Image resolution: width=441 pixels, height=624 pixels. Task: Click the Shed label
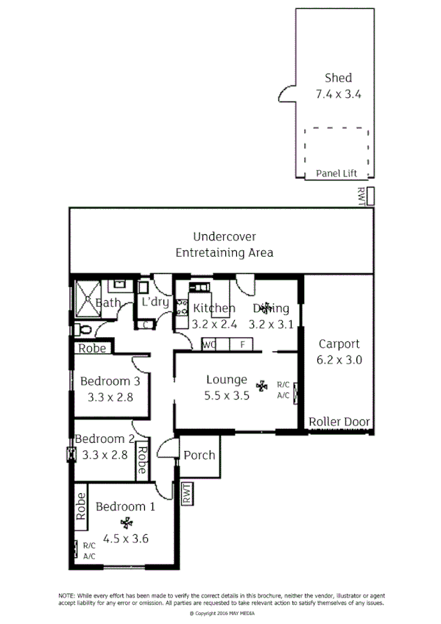pyautogui.click(x=338, y=77)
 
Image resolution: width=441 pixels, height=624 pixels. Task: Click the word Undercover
pyautogui.click(x=225, y=236)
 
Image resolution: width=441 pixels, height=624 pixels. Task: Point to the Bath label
pyautogui.click(x=108, y=302)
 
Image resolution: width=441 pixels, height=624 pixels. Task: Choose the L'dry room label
pyautogui.click(x=155, y=302)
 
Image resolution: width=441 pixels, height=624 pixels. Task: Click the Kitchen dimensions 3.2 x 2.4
pyautogui.click(x=213, y=323)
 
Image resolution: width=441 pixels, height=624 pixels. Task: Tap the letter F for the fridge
pyautogui.click(x=241, y=344)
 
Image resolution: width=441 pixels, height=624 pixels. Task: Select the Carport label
pyautogui.click(x=339, y=344)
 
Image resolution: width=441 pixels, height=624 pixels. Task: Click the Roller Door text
pyautogui.click(x=339, y=422)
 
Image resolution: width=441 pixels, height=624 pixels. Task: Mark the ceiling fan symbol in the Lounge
pyautogui.click(x=261, y=385)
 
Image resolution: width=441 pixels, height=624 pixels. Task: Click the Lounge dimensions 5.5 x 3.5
pyautogui.click(x=227, y=394)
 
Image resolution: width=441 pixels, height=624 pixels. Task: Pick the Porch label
pyautogui.click(x=199, y=455)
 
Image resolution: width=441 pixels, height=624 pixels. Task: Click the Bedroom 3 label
pyautogui.click(x=110, y=381)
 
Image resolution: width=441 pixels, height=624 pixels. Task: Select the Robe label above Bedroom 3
pyautogui.click(x=92, y=349)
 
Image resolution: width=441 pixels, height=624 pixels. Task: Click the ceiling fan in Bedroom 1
pyautogui.click(x=128, y=523)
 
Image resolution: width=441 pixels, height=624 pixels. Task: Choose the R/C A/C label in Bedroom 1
pyautogui.click(x=89, y=550)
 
